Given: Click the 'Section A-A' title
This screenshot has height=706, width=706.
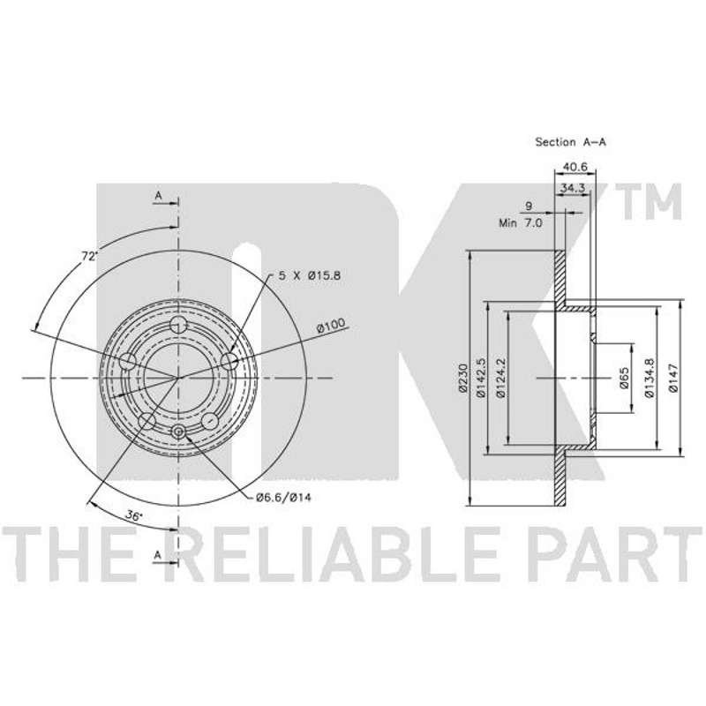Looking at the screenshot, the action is pyautogui.click(x=570, y=142).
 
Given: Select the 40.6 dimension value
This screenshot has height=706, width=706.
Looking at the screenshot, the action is pyautogui.click(x=575, y=167).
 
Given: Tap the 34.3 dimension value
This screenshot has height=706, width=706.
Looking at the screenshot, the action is pyautogui.click(x=572, y=188).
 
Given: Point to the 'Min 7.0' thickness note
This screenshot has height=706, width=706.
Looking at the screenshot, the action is pyautogui.click(x=521, y=222).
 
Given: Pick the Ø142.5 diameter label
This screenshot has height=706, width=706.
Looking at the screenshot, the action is pyautogui.click(x=481, y=378).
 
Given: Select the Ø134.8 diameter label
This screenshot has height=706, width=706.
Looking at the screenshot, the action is pyautogui.click(x=649, y=378).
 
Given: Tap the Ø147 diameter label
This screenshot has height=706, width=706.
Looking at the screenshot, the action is pyautogui.click(x=673, y=378).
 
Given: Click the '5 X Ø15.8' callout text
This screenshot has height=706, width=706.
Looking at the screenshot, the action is pyautogui.click(x=310, y=275).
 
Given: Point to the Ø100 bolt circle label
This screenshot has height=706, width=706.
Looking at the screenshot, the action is pyautogui.click(x=331, y=325).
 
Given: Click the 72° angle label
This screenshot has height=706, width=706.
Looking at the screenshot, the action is pyautogui.click(x=90, y=257).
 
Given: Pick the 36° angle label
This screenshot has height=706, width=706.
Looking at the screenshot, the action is pyautogui.click(x=133, y=516).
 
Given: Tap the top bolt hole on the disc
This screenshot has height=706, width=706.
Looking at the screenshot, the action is pyautogui.click(x=179, y=324).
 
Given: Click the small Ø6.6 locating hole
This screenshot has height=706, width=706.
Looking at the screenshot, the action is pyautogui.click(x=179, y=432).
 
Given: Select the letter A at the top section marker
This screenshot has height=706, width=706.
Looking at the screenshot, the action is pyautogui.click(x=158, y=195).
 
